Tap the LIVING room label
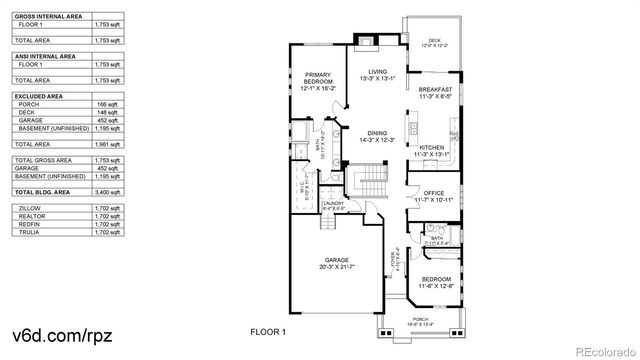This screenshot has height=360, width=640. point(377,72)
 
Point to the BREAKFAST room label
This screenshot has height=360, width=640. point(436,89)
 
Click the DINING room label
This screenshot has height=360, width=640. point(377,133)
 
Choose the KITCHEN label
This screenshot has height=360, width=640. point(432,148)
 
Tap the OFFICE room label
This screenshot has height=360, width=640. point(433,194)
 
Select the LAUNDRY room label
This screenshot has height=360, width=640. point(334,204)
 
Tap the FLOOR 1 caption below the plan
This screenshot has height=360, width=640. point(268,331)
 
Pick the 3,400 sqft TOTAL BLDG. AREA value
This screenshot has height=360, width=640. point(106,190)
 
